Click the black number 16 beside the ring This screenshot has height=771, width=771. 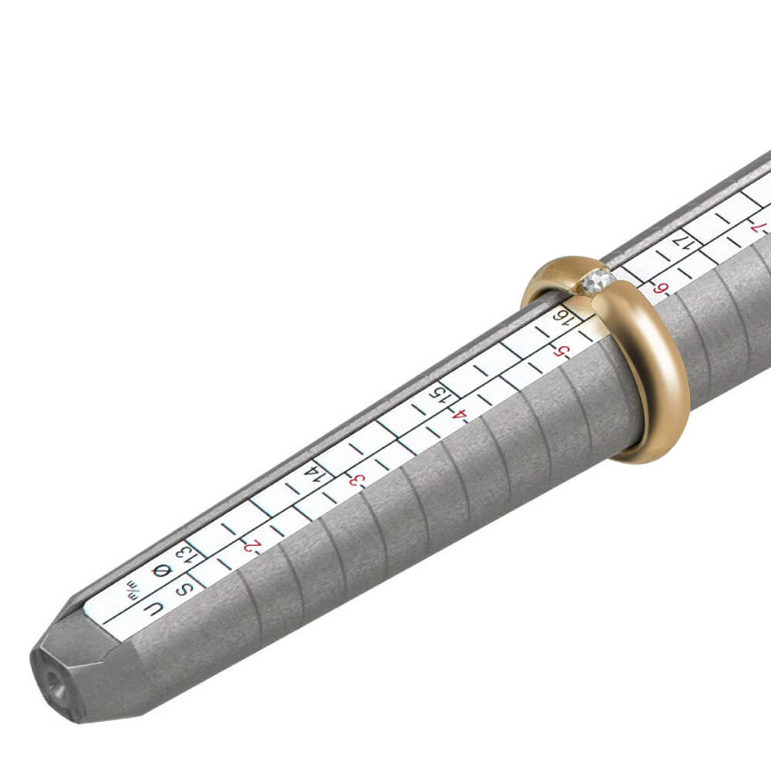coord(565,316)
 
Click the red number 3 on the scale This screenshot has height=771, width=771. coord(356,480)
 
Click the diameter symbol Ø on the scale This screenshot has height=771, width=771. coord(162,571)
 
